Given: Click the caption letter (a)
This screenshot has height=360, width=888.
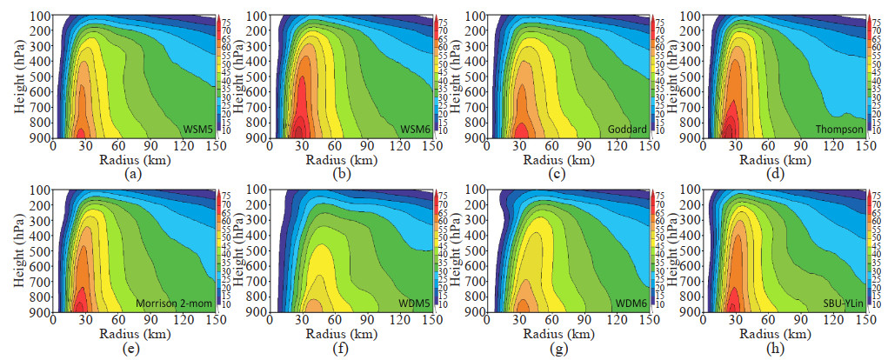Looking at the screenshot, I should [132, 173].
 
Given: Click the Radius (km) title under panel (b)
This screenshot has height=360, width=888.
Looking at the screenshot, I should [351, 159].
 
